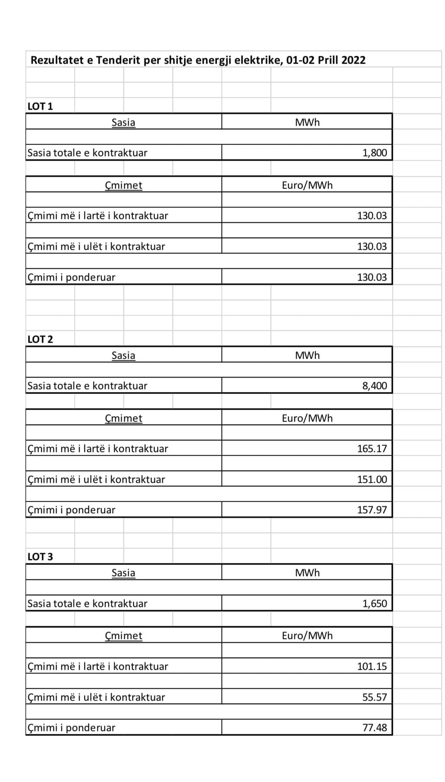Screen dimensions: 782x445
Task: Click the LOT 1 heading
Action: click(40, 106)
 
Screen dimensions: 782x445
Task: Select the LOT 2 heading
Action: click(40, 339)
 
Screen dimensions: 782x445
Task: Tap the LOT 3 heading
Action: click(40, 557)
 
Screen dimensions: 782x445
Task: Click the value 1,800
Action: click(374, 153)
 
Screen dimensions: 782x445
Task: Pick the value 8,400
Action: click(374, 386)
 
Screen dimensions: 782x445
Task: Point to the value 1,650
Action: click(374, 604)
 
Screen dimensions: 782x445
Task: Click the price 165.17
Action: click(372, 449)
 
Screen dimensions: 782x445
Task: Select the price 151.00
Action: click(372, 480)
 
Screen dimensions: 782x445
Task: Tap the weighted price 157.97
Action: click(372, 510)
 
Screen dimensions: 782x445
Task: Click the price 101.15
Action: click(372, 667)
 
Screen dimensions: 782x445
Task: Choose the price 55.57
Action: click(374, 697)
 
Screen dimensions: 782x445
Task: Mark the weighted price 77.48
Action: click(374, 728)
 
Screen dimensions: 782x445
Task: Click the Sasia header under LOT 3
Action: click(123, 573)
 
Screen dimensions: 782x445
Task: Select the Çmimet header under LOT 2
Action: click(123, 418)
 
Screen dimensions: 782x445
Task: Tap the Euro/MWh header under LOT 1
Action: click(307, 185)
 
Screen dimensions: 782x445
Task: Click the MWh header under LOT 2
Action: click(307, 355)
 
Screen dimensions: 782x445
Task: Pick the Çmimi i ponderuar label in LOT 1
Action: click(71, 277)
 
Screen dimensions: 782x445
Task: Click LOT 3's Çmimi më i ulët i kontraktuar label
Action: click(96, 697)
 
